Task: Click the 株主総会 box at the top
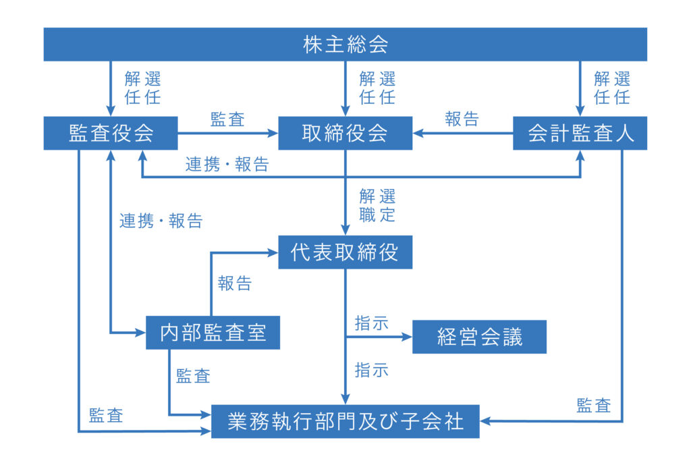(345, 44)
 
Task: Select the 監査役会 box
(111, 133)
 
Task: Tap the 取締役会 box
(345, 133)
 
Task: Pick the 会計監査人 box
(580, 133)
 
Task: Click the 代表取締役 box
(345, 252)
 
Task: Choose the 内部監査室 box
(213, 333)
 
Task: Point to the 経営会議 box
(480, 337)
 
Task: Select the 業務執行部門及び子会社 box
(345, 421)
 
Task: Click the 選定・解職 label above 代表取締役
(377, 205)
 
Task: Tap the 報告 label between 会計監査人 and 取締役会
(462, 119)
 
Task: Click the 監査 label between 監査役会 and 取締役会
(227, 119)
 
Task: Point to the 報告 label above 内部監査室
(234, 283)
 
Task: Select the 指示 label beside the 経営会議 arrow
(372, 323)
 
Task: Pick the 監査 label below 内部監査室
(193, 376)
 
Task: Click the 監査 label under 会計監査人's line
(594, 406)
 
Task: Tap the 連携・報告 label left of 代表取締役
(161, 221)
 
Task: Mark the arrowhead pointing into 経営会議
(407, 337)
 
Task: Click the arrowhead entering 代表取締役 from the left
(273, 252)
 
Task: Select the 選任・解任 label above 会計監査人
(612, 88)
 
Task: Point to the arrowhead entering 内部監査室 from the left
(140, 333)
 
